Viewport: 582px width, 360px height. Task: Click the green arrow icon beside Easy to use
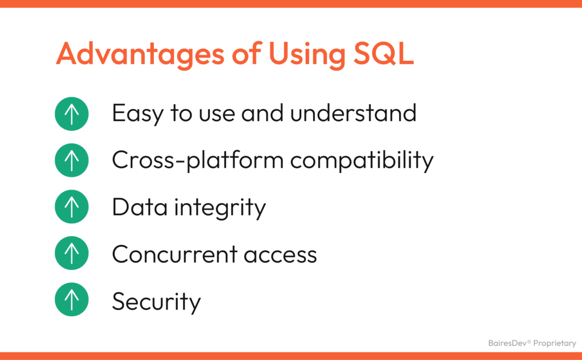click(x=72, y=114)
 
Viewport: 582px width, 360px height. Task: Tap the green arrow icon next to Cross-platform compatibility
click(x=72, y=160)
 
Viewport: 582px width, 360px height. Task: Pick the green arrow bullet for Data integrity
click(x=72, y=207)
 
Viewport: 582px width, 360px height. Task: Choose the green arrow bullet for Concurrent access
click(x=72, y=254)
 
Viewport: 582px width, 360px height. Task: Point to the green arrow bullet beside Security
click(x=72, y=300)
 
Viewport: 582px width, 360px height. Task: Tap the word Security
click(x=156, y=301)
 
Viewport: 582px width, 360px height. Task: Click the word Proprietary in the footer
click(x=554, y=344)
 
